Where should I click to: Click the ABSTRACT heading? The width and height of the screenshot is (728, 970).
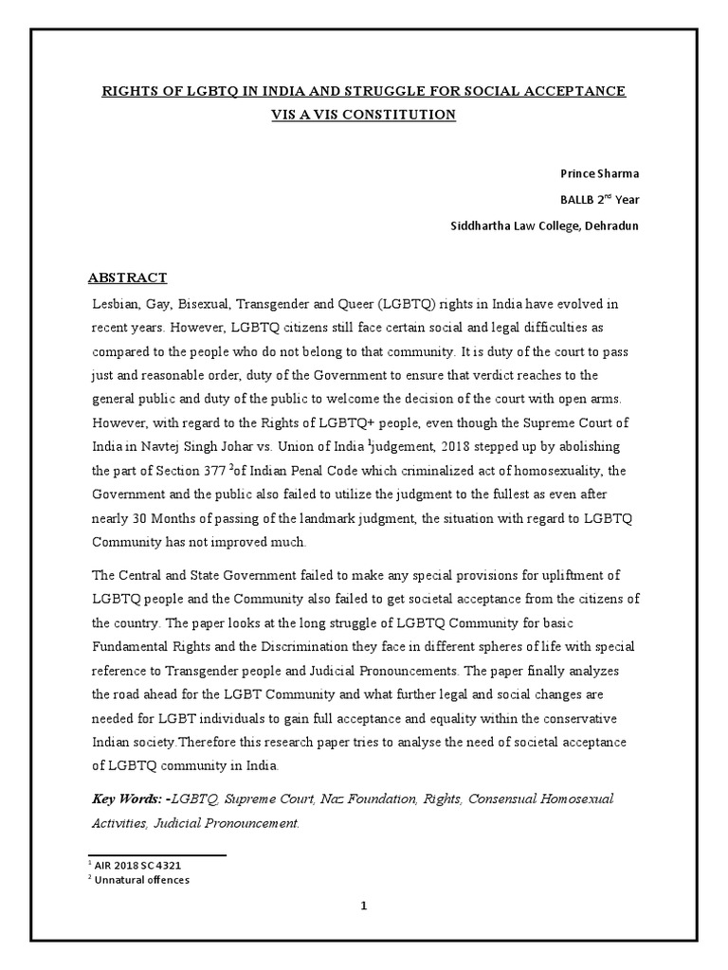point(127,278)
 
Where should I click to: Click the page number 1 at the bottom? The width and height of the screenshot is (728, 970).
point(363,906)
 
